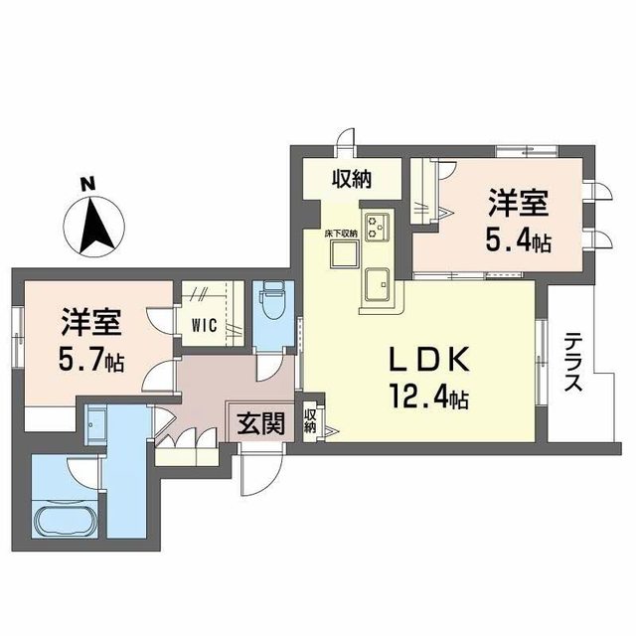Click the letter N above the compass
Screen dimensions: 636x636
87,184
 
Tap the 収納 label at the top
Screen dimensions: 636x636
352,179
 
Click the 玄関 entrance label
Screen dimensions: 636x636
260,423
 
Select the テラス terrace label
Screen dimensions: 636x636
574,364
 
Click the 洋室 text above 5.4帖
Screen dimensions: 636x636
519,204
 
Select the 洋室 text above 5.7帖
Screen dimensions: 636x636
91,324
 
